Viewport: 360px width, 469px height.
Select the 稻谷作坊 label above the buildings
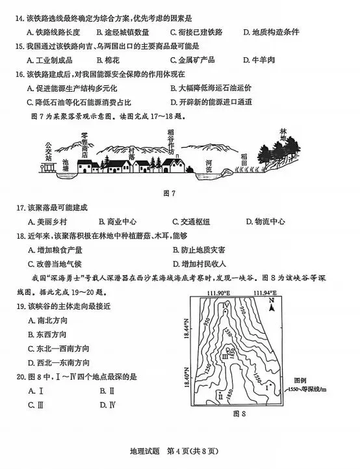(x=171, y=141)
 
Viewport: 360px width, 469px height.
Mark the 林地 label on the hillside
(x=283, y=134)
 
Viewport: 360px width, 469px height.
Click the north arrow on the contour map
(x=271, y=305)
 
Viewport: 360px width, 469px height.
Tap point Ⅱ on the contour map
(x=221, y=394)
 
